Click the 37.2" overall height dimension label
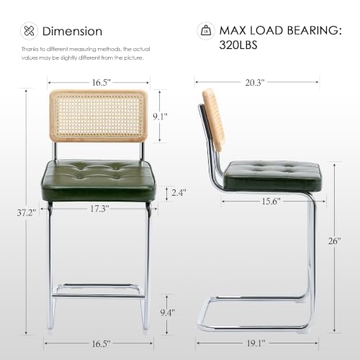27,212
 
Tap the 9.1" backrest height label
160,117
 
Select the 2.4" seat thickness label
179,192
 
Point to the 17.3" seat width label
99,209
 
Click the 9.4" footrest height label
168,312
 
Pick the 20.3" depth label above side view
255,83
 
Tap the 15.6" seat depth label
271,201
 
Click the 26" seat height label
335,241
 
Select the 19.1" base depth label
256,343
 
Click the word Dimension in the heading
72,32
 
